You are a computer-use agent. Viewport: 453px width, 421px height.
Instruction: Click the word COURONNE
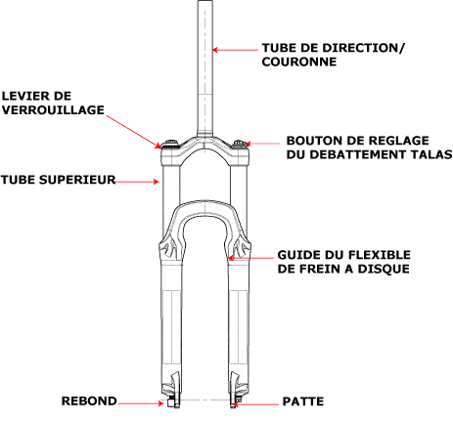click(299, 62)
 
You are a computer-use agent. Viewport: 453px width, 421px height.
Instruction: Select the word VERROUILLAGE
click(53, 110)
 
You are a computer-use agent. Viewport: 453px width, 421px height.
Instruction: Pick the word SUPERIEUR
click(77, 180)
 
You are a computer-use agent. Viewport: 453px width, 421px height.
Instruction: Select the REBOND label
click(89, 401)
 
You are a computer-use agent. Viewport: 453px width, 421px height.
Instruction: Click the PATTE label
click(303, 401)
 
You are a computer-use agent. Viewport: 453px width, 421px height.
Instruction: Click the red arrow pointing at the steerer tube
click(235, 50)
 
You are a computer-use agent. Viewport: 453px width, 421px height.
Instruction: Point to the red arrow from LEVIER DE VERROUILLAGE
click(134, 132)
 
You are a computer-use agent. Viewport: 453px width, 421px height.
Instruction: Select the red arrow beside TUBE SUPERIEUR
click(137, 182)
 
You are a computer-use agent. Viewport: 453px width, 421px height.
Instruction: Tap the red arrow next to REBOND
click(141, 403)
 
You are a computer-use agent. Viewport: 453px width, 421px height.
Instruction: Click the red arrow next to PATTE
click(256, 404)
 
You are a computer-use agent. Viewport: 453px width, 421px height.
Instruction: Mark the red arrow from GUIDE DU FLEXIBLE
click(250, 258)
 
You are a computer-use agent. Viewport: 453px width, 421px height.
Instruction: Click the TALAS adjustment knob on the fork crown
click(241, 144)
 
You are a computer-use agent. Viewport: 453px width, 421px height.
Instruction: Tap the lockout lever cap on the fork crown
click(170, 144)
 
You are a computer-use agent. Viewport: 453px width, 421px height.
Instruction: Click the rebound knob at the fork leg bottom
click(170, 402)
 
